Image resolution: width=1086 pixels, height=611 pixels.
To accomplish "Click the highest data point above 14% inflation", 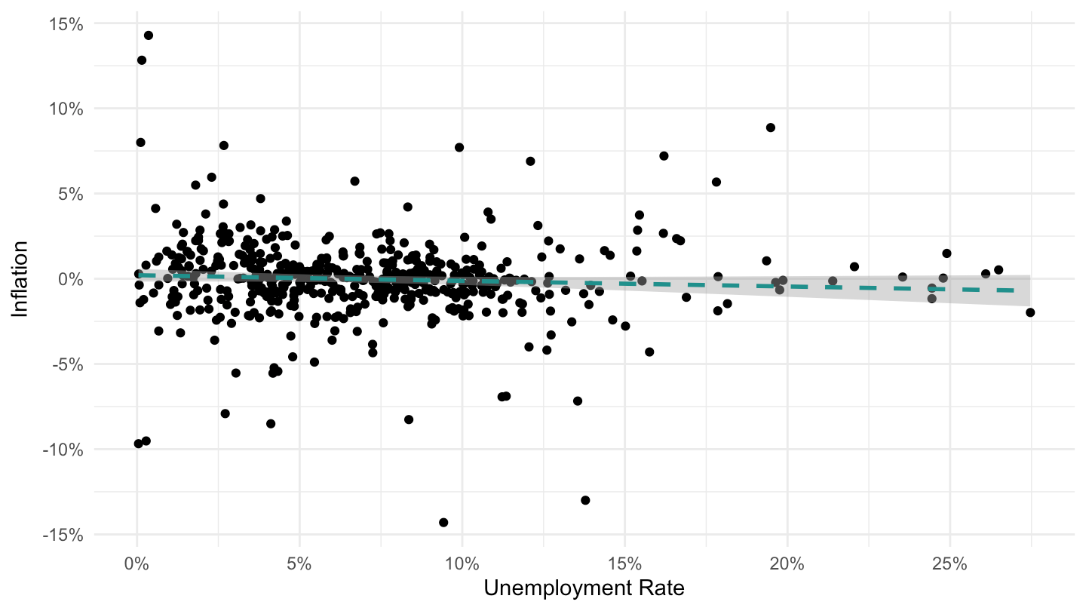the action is (149, 35).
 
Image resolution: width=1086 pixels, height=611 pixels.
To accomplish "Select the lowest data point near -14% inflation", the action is (443, 522).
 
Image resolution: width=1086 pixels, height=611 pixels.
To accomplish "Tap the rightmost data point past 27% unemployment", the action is (1030, 312).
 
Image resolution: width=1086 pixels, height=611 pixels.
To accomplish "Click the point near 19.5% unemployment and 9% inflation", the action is (771, 127).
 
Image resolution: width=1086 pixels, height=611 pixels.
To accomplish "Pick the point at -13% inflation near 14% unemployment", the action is (585, 500).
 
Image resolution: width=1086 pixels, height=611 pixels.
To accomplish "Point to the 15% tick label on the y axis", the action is (66, 24).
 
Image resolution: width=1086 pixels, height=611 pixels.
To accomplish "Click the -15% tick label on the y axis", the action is (63, 536).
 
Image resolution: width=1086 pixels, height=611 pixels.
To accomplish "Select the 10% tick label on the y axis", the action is (66, 109).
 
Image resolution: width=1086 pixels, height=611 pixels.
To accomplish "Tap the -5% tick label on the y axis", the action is (68, 364).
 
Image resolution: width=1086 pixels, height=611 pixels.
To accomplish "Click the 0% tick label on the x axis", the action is (137, 564).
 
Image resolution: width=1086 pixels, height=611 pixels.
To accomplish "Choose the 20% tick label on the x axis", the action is (787, 564).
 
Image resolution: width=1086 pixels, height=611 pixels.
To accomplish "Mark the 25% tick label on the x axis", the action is (949, 564).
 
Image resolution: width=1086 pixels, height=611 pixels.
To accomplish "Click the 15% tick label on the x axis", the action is (624, 564).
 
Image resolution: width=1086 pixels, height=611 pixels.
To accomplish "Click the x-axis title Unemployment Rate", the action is (584, 588).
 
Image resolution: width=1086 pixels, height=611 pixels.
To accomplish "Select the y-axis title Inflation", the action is (20, 279).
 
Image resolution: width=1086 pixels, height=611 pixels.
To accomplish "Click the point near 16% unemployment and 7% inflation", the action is (664, 155).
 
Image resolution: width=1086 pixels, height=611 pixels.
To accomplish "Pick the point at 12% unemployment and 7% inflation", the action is (530, 161).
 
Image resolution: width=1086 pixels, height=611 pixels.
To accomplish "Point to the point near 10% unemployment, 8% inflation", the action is (459, 147).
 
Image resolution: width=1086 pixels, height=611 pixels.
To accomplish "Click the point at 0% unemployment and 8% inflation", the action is (140, 143).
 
